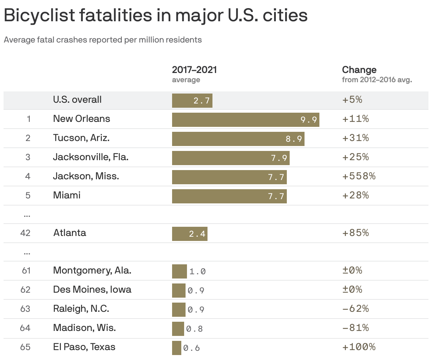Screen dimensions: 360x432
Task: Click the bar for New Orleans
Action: click(245, 120)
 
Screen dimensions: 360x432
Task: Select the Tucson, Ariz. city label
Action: click(81, 138)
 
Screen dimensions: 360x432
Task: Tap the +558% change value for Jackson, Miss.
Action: click(358, 176)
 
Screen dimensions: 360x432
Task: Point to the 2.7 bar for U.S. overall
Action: click(192, 101)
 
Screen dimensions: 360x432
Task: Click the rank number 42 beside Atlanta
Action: click(25, 233)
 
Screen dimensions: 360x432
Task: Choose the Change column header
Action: click(359, 69)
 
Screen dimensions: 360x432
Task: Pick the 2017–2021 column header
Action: click(194, 69)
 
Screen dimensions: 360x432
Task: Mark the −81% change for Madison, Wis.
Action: click(355, 328)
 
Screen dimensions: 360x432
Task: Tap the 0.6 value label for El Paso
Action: click(192, 348)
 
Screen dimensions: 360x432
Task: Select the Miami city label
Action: click(67, 195)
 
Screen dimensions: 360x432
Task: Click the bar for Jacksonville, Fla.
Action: click(231, 158)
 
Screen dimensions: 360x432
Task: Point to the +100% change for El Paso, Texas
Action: click(358, 347)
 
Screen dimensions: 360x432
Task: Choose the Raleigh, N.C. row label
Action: click(81, 309)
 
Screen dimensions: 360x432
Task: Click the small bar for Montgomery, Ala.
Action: click(179, 271)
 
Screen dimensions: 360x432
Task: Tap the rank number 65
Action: click(25, 347)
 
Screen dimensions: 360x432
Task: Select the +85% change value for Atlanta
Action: click(355, 233)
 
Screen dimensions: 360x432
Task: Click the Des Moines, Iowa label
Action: click(92, 289)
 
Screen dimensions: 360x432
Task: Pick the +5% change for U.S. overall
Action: click(352, 100)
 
